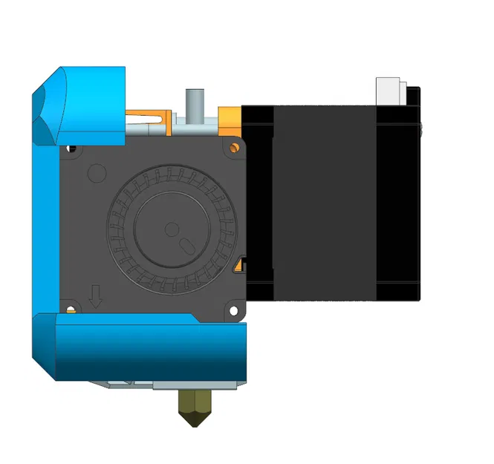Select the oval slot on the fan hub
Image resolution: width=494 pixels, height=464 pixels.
tap(186, 244)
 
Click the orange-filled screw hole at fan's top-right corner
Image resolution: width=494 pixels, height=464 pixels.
tap(236, 146)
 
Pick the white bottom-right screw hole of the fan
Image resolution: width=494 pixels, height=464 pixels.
tap(236, 308)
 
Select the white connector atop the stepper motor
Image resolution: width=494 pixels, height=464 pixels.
tap(391, 91)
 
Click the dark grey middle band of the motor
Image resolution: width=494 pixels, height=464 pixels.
tap(325, 200)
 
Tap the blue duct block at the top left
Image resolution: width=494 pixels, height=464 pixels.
tap(89, 104)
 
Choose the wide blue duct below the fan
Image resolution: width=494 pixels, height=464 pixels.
tap(149, 349)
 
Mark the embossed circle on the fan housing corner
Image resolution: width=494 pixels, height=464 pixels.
tap(97, 173)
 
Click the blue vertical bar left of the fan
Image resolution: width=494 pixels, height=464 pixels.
tap(45, 223)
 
